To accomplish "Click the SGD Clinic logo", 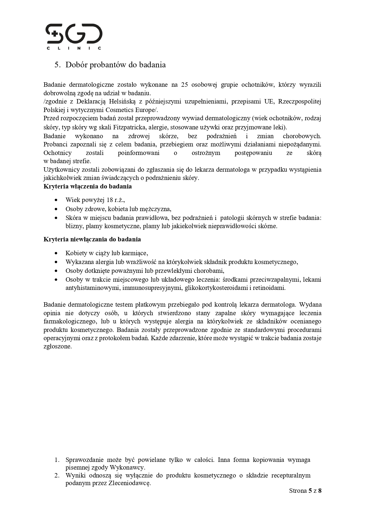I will click(x=74, y=36).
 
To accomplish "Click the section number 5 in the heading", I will click(x=57, y=65).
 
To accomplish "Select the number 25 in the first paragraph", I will click(x=185, y=85).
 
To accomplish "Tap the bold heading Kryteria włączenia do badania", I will click(x=87, y=186).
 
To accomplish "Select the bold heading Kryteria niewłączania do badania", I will click(x=92, y=239).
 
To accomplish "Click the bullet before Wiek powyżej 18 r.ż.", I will click(x=56, y=200).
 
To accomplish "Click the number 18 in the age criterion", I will click(x=110, y=200).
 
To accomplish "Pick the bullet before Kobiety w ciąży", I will click(x=56, y=253).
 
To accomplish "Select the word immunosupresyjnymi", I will click(x=152, y=288).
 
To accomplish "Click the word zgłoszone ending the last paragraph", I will click(x=57, y=346).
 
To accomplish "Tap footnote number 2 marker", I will click(x=57, y=475).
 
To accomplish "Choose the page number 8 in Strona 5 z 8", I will click(x=320, y=491).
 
